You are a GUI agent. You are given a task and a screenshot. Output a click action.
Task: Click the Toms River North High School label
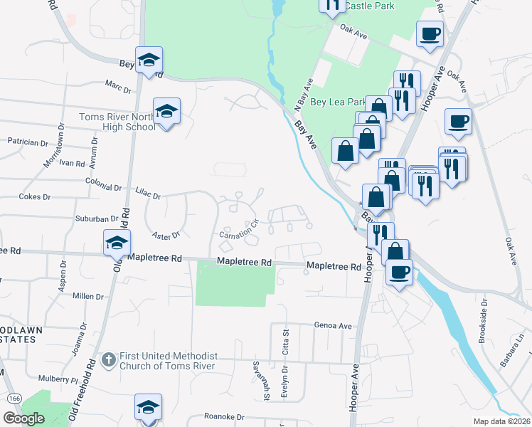click(x=117, y=122)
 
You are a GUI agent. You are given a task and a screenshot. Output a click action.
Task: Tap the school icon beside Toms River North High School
click(x=166, y=112)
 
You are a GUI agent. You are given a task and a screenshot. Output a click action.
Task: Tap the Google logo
click(x=24, y=418)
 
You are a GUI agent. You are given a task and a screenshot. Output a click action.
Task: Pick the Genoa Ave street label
click(x=334, y=325)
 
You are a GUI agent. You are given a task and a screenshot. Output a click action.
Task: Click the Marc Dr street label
click(x=118, y=90)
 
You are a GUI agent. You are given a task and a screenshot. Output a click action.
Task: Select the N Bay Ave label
click(x=304, y=94)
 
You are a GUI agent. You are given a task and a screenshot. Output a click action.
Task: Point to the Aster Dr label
click(x=166, y=234)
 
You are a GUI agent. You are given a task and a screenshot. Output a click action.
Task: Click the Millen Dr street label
click(x=88, y=296)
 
